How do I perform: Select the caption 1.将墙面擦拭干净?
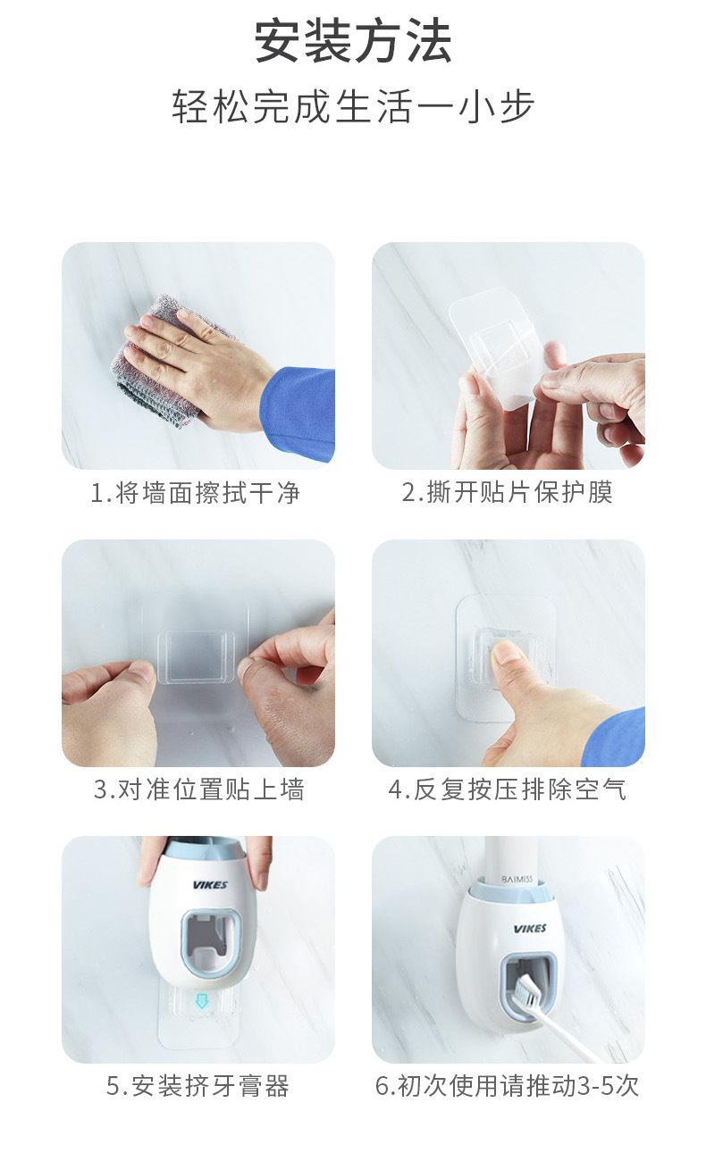point(196,492)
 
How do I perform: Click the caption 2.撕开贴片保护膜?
point(507,492)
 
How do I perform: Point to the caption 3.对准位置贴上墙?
point(198,789)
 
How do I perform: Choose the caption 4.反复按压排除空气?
point(507,789)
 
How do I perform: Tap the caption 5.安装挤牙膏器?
point(198,1086)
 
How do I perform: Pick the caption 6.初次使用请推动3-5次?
point(507,1086)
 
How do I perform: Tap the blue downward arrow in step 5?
point(202,1001)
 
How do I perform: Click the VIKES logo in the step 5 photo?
point(210,885)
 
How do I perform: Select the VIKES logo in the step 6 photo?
point(529,929)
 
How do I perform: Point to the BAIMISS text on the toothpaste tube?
point(517,879)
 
